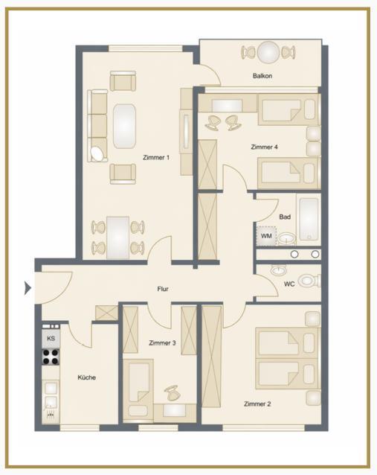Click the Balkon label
pos(262,76)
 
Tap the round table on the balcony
pos(268,52)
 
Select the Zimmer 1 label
pos(156,158)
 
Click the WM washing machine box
pos(266,236)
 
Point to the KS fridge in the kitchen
pos(51,338)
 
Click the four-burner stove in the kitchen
pos(51,357)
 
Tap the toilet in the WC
pos(309,281)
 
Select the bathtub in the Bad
pos(309,220)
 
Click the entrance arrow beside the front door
pos(28,288)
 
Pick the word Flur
pos(163,289)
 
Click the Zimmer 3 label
pos(162,343)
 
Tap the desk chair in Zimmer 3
pos(173,393)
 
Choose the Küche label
pos(87,377)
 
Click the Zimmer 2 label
pos(257,404)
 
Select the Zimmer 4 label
pos(265,147)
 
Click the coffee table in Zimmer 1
pos(124,126)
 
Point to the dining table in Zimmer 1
pos(118,238)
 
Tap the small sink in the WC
pos(278,270)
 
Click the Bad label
pos(285,217)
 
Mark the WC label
pos(289,284)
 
